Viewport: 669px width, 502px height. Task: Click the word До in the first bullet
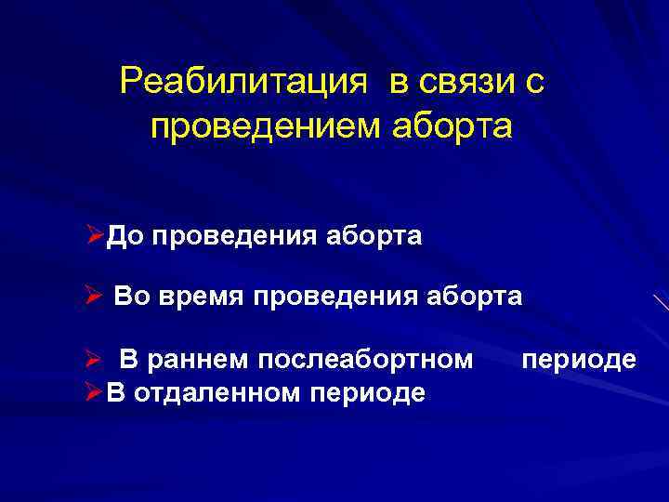click(x=123, y=237)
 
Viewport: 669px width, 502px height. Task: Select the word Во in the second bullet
click(x=131, y=297)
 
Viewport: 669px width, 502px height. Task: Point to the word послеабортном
click(x=367, y=358)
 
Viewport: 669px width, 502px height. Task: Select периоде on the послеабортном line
click(x=579, y=358)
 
